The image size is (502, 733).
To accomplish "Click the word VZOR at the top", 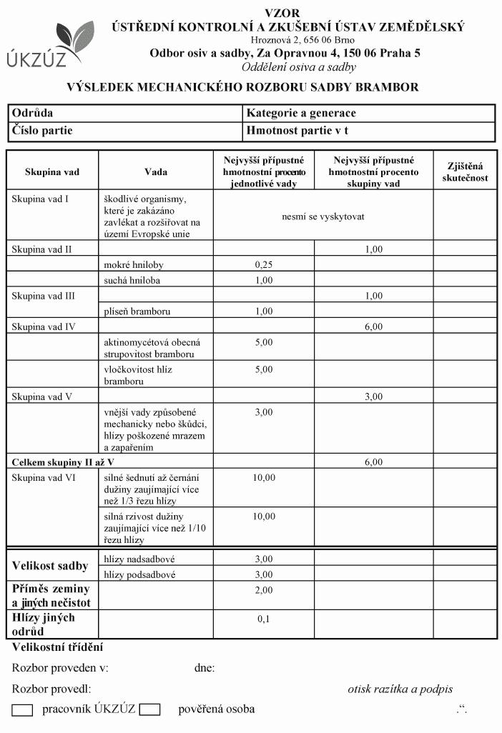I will pos(282,12).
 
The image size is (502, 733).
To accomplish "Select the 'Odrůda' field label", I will pos(33,113).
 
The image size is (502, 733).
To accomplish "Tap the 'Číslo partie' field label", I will pos(42,131).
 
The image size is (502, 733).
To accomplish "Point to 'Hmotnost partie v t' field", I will pos(297,131).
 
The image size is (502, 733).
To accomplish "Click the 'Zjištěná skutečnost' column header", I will pos(464,171).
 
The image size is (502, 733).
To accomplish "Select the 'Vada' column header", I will pos(156,172).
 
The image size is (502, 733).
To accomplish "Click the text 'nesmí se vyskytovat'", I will pos(323,216).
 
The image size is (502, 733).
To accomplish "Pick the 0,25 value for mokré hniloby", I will pos(264,264).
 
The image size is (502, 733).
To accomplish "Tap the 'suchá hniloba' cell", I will pos(132,280).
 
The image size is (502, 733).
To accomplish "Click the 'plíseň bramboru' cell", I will pos(137,311).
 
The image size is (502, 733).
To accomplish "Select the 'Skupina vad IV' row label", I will pos(44,327).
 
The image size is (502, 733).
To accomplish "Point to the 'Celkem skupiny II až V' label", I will pos(63,462).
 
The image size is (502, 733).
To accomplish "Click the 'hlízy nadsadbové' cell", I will pos(139,559).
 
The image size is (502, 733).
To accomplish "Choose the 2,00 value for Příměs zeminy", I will pos(264,590).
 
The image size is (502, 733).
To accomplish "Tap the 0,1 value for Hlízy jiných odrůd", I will pos(264,619).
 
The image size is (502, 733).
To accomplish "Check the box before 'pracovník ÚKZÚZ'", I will pos(23,710).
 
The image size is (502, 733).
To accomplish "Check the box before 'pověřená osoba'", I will pos(149,710).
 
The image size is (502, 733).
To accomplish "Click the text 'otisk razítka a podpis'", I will pos(400,689).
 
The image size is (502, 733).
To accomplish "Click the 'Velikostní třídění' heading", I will pos(58,647).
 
